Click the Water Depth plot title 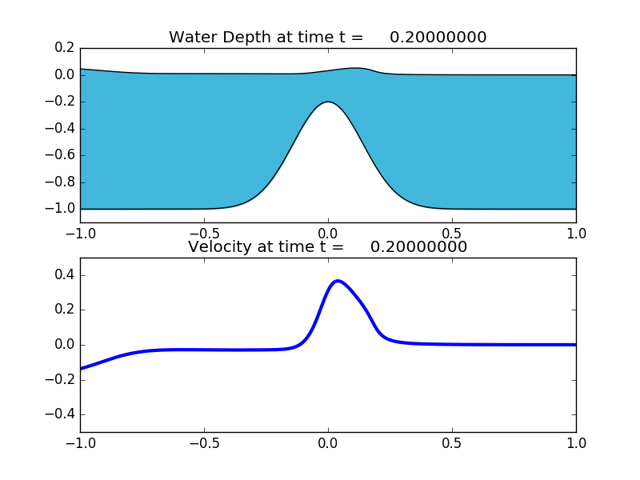click(327, 38)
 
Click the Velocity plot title click(327, 247)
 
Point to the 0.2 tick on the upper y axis click(64, 48)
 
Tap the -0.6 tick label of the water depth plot click(60, 155)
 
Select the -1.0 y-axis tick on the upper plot click(60, 209)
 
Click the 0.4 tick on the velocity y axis click(64, 275)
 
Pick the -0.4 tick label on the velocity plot click(60, 414)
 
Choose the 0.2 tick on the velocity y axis click(64, 310)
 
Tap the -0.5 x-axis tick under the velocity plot click(204, 443)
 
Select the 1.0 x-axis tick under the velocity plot click(576, 443)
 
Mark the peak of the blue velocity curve click(338, 281)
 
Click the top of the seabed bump click(328, 102)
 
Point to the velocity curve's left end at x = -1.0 click(81, 369)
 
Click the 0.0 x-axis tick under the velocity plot click(328, 443)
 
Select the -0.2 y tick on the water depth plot click(60, 102)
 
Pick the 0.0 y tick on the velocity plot click(64, 345)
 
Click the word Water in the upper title click(194, 38)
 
